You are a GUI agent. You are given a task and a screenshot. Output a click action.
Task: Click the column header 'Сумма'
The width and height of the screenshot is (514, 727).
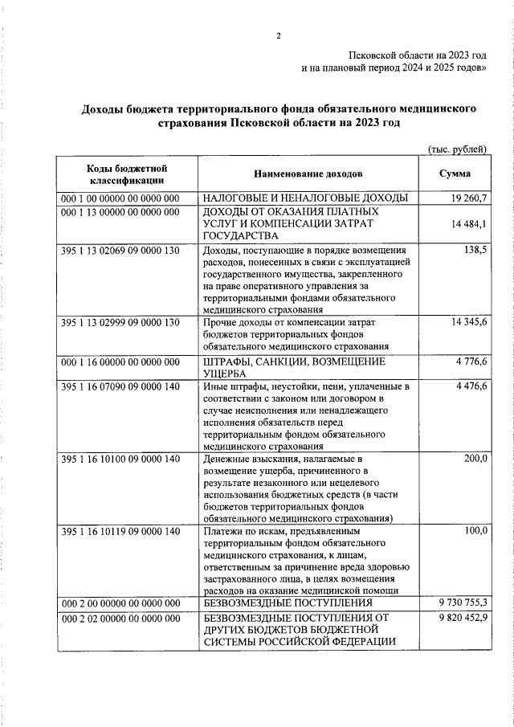pos(455,174)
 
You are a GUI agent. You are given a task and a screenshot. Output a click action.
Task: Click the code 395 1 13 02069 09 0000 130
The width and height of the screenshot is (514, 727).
pos(120,251)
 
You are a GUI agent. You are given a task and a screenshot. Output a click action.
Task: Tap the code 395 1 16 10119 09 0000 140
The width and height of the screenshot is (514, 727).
pos(120,530)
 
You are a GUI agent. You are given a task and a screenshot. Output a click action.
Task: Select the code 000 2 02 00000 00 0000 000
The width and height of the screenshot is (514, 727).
pos(120,618)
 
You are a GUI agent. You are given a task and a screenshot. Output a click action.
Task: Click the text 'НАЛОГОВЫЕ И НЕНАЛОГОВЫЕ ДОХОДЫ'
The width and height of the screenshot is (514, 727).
pos(305,198)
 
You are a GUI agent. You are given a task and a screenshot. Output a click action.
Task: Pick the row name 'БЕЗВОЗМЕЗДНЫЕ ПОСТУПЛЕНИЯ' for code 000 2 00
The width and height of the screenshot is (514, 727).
pos(288,602)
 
